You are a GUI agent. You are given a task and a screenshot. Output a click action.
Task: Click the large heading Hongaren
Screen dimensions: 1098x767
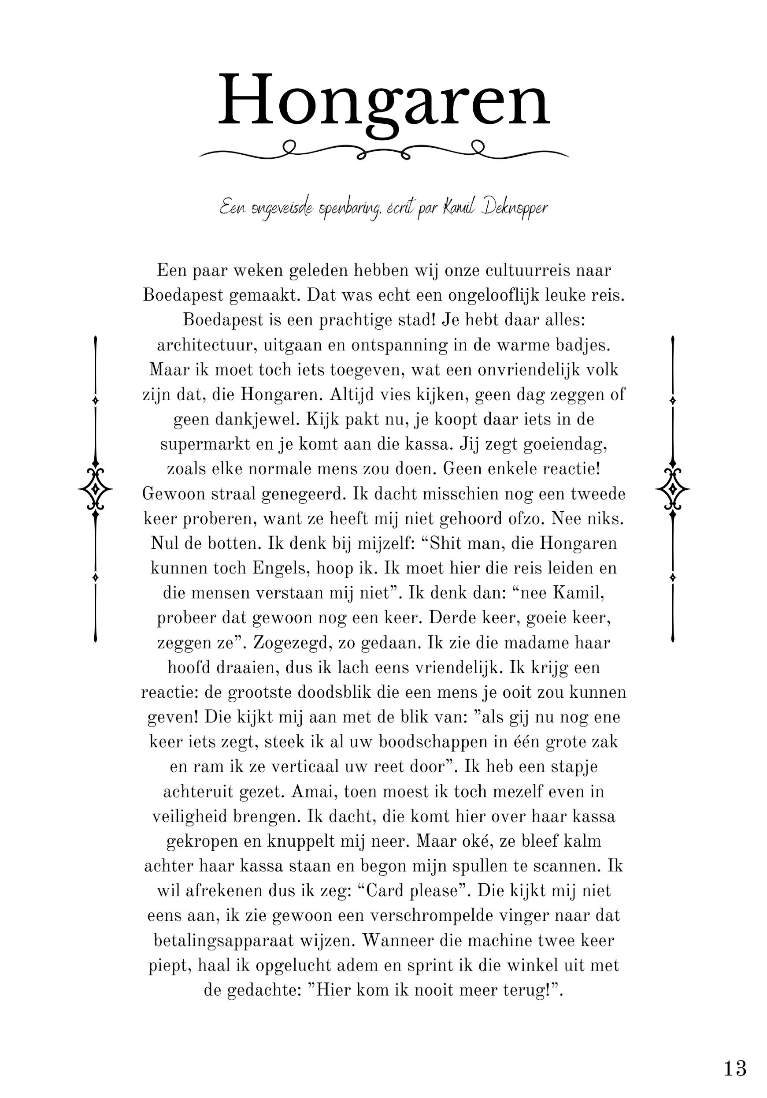pyautogui.click(x=383, y=101)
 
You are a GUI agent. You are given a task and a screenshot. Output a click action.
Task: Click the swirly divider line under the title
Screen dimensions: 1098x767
pyautogui.click(x=383, y=150)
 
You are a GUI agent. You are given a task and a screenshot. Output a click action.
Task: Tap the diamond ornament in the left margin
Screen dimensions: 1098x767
pyautogui.click(x=96, y=489)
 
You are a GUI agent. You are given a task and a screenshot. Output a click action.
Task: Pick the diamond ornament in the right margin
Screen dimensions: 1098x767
pyautogui.click(x=672, y=489)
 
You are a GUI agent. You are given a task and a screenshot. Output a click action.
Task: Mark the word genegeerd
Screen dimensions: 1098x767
pyautogui.click(x=303, y=494)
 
